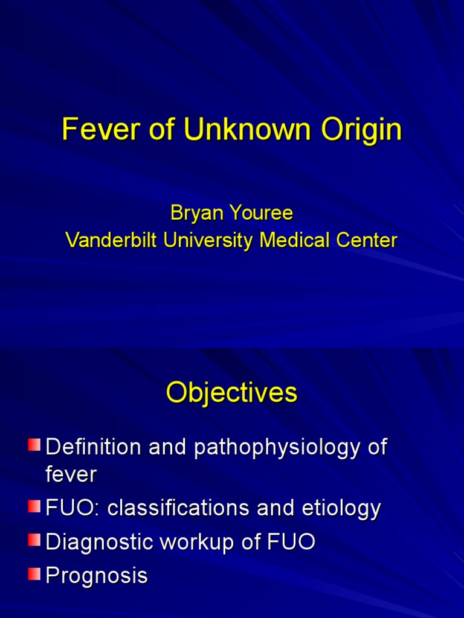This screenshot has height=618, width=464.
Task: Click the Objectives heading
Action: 232,393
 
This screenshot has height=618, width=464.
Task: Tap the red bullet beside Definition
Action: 34,445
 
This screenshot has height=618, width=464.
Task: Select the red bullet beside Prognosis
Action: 34,573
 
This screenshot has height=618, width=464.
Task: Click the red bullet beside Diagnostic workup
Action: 34,540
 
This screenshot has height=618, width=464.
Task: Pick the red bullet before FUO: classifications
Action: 34,506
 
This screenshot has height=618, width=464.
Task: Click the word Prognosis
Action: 97,576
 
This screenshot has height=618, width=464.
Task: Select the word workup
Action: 196,543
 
